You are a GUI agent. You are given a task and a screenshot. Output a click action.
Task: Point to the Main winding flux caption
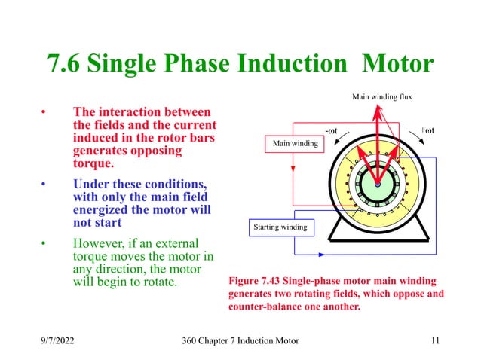(382, 96)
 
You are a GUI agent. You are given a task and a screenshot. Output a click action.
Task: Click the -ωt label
(330, 130)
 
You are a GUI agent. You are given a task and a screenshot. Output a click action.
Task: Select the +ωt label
(430, 130)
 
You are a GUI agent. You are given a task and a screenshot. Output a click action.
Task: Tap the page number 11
(435, 342)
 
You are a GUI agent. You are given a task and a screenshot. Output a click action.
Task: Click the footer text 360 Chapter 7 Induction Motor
(240, 342)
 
